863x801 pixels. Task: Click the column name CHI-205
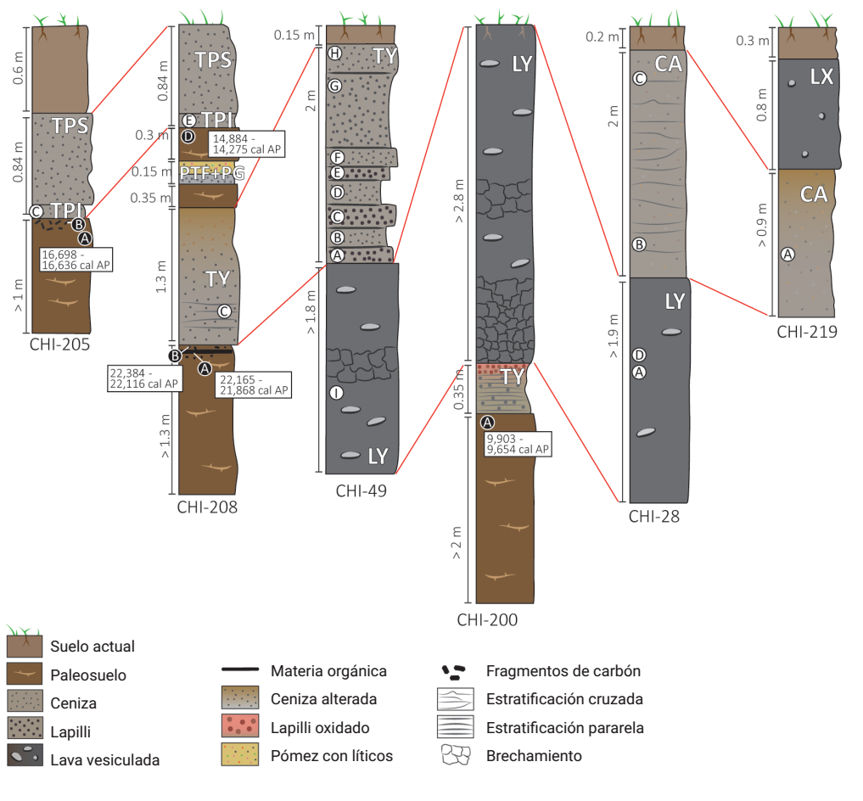[59, 344]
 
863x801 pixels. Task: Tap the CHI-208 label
[207, 507]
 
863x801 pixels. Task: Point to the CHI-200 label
[487, 620]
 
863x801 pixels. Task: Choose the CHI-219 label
[807, 332]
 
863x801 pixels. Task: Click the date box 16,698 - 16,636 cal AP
[76, 260]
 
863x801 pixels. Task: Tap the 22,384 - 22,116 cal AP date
[143, 378]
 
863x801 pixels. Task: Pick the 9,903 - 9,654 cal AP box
[518, 444]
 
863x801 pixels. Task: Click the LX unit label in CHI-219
[821, 77]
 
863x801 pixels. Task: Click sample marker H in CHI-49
[335, 53]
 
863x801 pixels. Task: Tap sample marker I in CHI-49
[337, 393]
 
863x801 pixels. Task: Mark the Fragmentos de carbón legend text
[563, 671]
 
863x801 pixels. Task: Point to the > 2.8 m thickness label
[458, 201]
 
